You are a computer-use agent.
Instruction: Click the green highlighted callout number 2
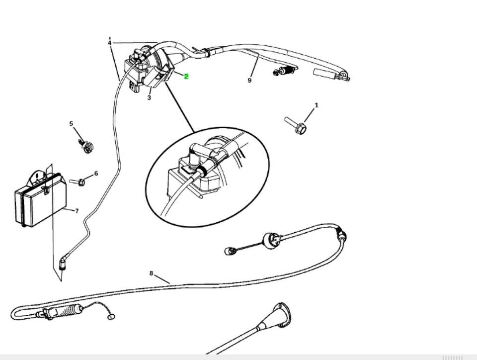click(186, 77)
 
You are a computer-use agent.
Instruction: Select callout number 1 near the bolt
click(317, 105)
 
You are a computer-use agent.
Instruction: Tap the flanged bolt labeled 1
click(296, 126)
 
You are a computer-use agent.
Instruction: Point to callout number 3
click(149, 98)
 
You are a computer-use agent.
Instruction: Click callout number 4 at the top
click(109, 43)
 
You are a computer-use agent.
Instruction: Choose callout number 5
click(71, 124)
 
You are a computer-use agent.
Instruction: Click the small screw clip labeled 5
click(87, 146)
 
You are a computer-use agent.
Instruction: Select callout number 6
click(96, 174)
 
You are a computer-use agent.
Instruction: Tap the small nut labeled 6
click(81, 182)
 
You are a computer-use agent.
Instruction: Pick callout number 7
click(77, 211)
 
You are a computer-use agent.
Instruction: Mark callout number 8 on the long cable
click(151, 272)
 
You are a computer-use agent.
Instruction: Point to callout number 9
click(250, 80)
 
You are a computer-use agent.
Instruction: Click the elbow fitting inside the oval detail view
click(196, 155)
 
